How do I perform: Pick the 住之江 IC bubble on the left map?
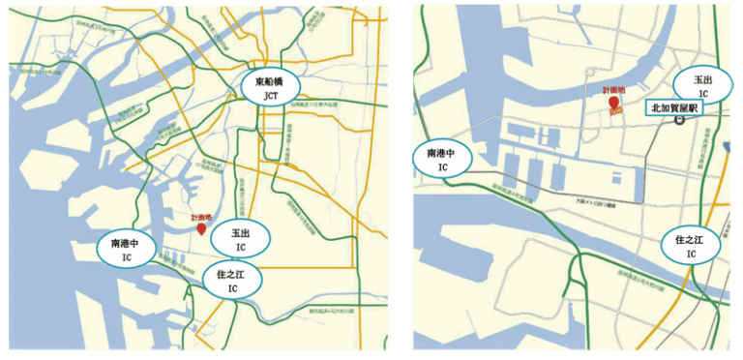point(232,280)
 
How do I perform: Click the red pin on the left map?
point(201,228)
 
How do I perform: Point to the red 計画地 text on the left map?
point(201,218)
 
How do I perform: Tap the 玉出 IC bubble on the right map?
point(703,85)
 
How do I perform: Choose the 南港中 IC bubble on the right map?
point(443,159)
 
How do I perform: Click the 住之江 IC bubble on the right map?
point(691,246)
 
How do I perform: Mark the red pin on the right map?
point(612,104)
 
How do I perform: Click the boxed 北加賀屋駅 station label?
point(675,108)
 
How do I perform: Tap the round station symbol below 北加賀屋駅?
point(680,121)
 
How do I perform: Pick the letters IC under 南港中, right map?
point(443,167)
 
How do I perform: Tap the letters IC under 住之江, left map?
point(232,288)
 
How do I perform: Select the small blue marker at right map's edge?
point(727,146)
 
